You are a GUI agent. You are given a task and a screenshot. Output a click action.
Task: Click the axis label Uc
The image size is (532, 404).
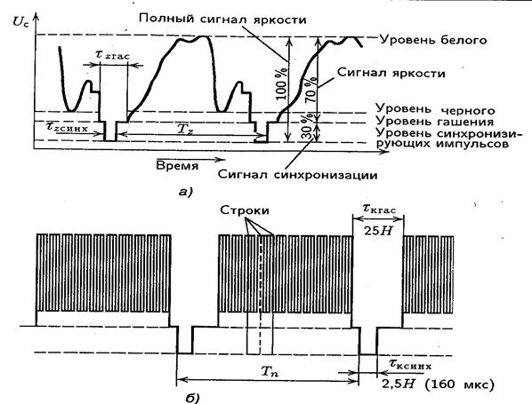[21, 21]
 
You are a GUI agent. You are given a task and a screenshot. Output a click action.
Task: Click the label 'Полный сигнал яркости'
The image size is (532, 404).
[222, 19]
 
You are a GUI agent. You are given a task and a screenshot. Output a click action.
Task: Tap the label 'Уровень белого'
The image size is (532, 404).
[433, 40]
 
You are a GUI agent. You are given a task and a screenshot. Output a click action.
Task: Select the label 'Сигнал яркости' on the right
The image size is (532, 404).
[391, 73]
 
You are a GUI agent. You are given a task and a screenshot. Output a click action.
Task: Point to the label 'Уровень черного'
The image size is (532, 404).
[435, 110]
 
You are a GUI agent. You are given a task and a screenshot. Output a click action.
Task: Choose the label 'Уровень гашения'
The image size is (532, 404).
[434, 122]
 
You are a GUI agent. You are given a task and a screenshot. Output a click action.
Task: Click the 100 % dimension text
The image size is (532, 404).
[282, 83]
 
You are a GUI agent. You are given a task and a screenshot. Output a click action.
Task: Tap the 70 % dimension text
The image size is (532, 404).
[310, 90]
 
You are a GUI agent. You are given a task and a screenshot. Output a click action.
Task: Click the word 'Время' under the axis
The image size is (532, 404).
[177, 166]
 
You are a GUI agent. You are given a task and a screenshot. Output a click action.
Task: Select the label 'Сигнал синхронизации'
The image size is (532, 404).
[297, 175]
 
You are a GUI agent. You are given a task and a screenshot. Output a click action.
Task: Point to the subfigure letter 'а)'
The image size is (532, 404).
[185, 193]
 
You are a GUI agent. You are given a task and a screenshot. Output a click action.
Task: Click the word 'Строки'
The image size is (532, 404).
[245, 210]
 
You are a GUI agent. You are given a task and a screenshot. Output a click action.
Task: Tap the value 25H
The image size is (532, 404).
[378, 231]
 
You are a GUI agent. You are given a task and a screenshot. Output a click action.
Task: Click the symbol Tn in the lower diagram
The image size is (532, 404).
[269, 372]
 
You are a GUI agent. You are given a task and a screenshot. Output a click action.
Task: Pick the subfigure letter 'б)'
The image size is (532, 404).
[192, 399]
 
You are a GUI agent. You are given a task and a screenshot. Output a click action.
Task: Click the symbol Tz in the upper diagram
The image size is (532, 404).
[186, 129]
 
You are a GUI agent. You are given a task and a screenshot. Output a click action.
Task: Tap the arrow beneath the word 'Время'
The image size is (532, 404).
[190, 159]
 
